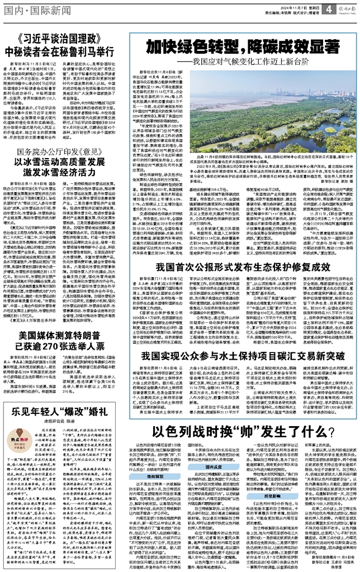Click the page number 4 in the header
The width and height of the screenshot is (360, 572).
330,8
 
